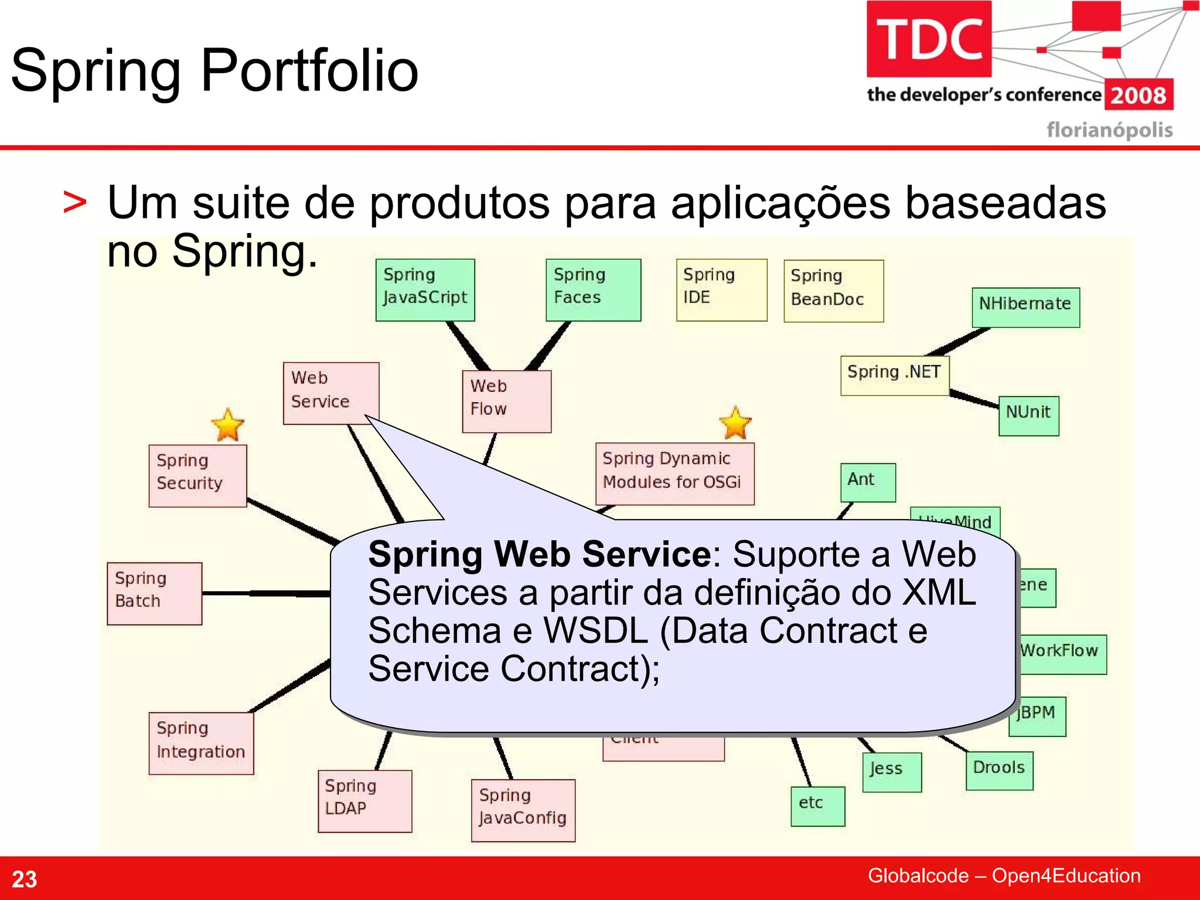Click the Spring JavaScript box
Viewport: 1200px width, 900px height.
point(425,289)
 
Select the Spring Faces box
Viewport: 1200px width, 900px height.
point(593,289)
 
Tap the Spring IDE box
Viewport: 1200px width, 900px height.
point(721,289)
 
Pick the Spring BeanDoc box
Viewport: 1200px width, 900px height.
point(833,291)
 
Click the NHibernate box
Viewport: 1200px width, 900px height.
point(1025,306)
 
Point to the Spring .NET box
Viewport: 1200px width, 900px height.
point(894,375)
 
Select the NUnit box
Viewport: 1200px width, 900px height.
point(1028,415)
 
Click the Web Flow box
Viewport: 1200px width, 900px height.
point(506,401)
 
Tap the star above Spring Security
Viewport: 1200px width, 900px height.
point(227,425)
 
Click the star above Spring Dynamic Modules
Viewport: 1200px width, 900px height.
point(735,423)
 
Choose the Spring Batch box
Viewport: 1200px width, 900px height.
point(155,593)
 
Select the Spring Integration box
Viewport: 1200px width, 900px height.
point(201,743)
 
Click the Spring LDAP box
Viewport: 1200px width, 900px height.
point(364,800)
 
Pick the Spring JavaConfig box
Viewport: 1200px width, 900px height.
point(523,810)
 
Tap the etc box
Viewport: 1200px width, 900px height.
point(817,806)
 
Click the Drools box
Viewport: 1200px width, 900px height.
point(999,770)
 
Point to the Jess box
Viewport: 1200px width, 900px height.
point(891,772)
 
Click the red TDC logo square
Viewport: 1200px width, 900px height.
point(929,39)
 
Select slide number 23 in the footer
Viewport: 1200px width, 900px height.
point(25,879)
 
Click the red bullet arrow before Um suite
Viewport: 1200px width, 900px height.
point(75,203)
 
